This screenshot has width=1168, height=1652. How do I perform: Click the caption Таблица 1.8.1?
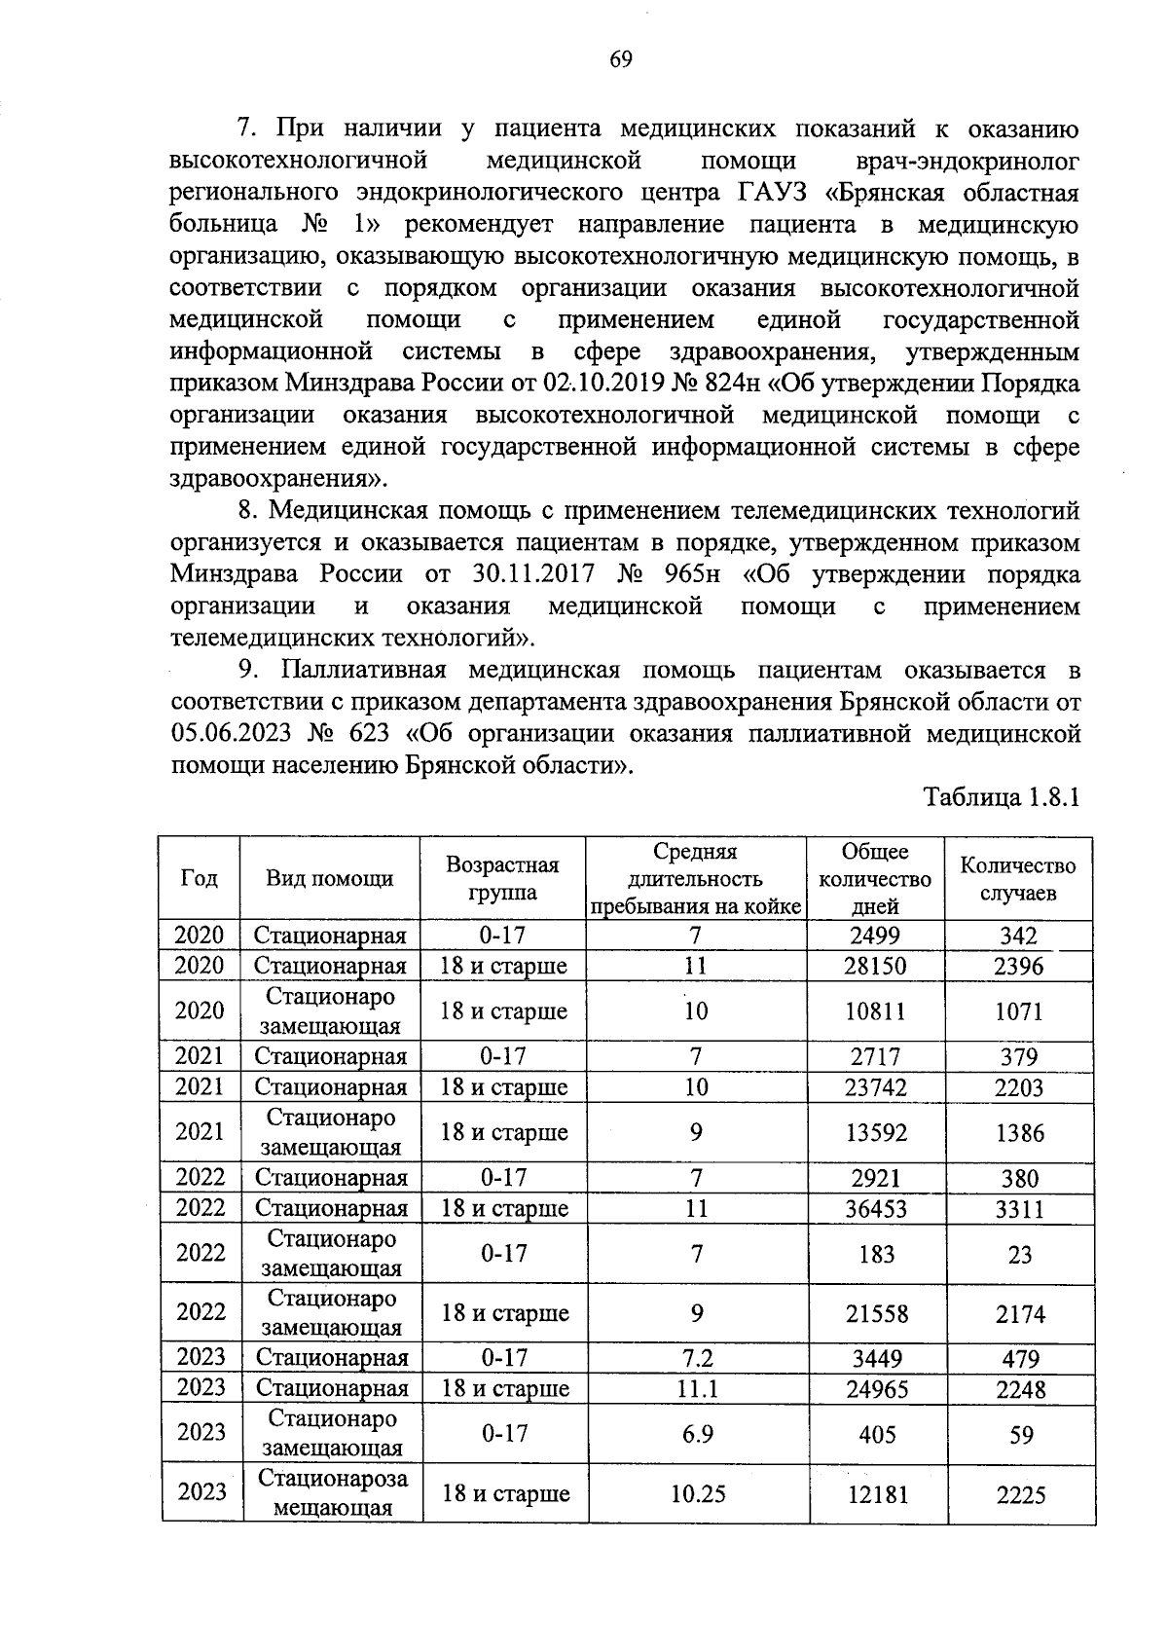1003,799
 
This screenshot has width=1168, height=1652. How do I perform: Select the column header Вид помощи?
330,879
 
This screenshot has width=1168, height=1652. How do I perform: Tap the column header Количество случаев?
1018,879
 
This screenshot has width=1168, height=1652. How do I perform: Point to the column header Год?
200,878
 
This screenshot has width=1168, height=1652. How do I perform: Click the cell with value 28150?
876,967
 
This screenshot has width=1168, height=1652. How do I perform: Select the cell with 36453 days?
876,1209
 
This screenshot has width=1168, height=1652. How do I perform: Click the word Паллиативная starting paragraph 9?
364,670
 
